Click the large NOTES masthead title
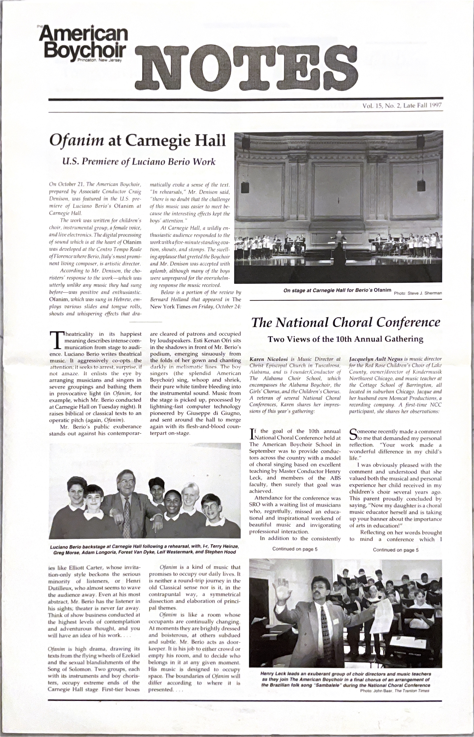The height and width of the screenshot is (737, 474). point(246,67)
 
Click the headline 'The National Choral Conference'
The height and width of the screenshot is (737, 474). point(346,323)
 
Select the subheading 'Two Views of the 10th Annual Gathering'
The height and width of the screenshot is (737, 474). point(345,339)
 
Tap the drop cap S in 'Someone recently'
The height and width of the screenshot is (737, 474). point(353,434)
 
